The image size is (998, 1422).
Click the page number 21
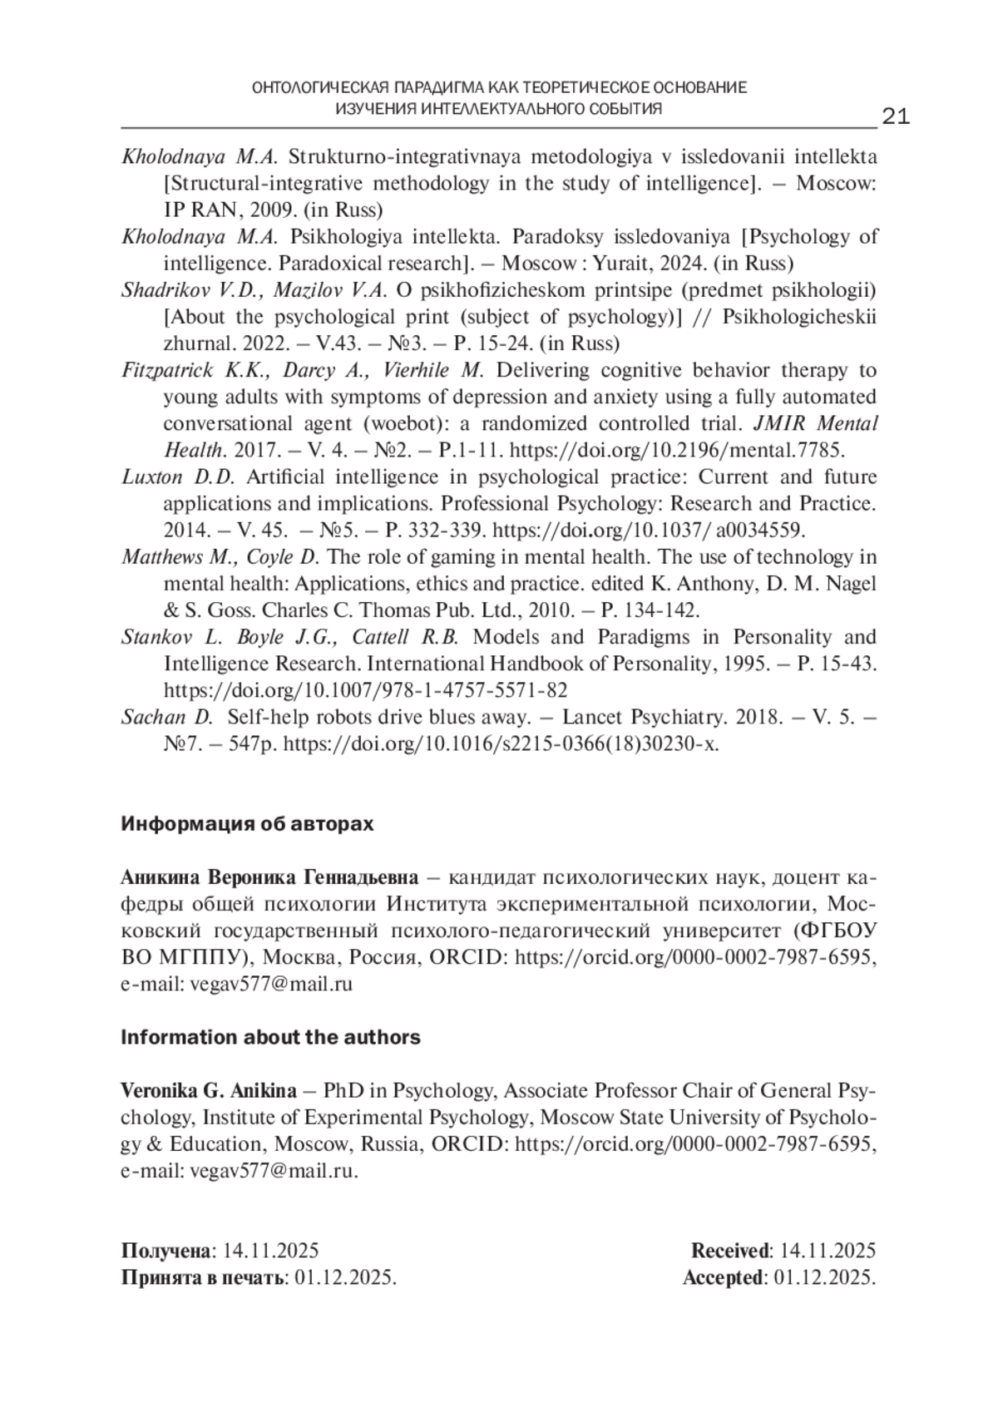click(x=895, y=116)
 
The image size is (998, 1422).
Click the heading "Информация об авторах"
click(x=247, y=824)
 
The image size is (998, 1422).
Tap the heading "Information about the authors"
click(x=270, y=1037)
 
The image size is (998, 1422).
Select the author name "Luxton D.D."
click(x=179, y=477)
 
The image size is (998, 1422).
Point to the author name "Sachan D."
click(x=167, y=717)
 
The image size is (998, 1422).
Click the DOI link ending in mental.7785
click(x=677, y=451)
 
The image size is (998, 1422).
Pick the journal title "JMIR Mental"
click(x=815, y=424)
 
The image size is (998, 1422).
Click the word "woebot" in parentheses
click(x=407, y=424)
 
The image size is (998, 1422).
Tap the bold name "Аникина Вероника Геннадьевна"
click(x=269, y=877)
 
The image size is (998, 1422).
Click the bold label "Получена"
click(x=166, y=1251)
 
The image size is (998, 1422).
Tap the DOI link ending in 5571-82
click(x=366, y=690)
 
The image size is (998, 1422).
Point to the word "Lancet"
click(x=593, y=717)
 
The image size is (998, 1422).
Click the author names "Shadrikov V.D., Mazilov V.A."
click(x=254, y=291)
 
